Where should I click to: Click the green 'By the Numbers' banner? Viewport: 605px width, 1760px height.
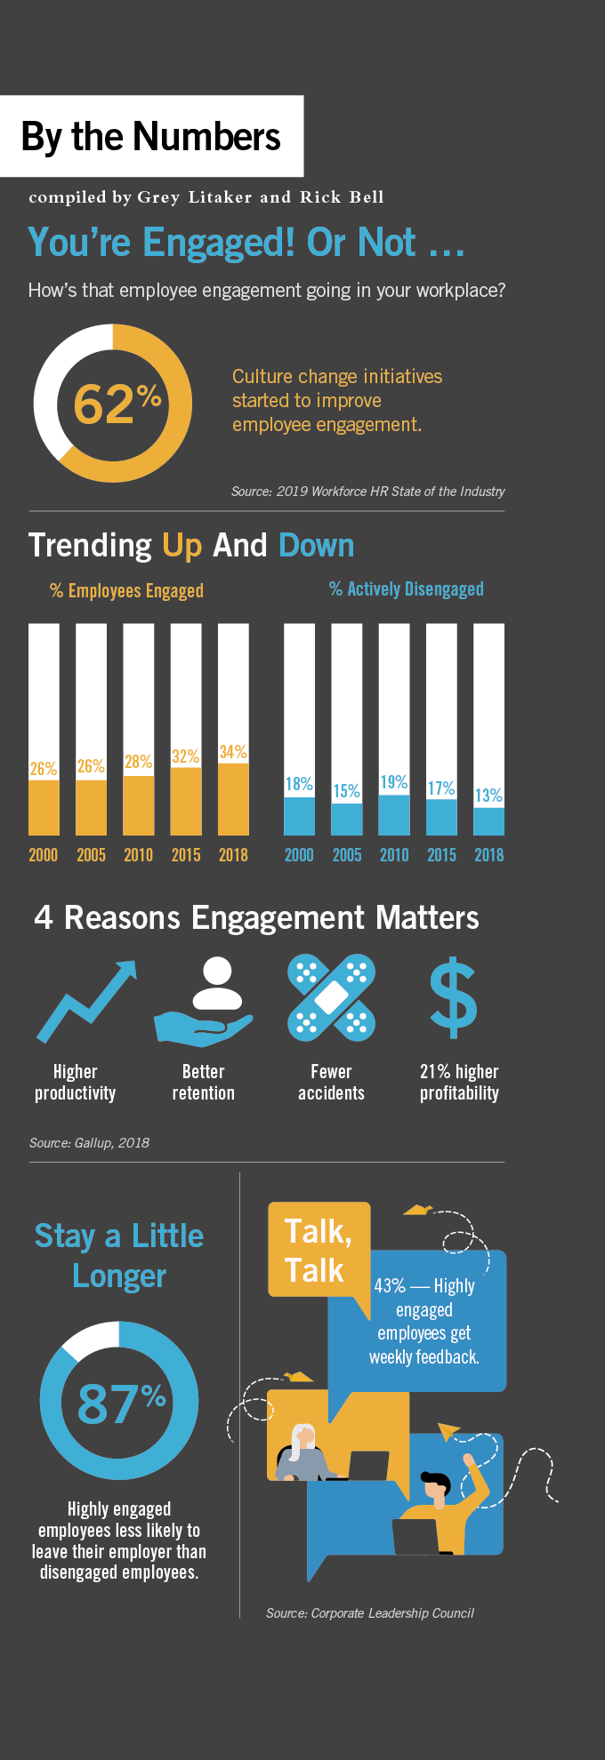click(x=151, y=136)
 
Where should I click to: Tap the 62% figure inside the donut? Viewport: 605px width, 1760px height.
click(x=116, y=404)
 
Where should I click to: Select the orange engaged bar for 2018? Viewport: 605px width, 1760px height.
click(x=233, y=799)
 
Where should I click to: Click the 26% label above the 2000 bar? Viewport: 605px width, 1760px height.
click(x=44, y=768)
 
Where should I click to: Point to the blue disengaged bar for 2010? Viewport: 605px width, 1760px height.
click(x=394, y=814)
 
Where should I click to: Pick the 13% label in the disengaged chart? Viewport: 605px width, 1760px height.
click(x=488, y=795)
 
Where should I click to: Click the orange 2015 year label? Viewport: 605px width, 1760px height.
click(x=186, y=855)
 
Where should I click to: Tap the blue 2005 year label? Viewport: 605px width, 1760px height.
click(x=347, y=855)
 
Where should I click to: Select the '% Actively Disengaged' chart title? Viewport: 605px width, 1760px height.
click(x=407, y=589)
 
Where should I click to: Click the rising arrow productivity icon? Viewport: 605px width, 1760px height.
click(x=87, y=999)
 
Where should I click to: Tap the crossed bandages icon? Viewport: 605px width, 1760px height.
click(x=331, y=997)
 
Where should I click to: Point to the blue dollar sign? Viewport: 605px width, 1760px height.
click(x=454, y=997)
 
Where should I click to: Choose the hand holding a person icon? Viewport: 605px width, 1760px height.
click(x=205, y=1001)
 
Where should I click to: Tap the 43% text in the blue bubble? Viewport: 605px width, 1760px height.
click(x=390, y=1286)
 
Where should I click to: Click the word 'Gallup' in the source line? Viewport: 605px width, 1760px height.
click(x=93, y=1142)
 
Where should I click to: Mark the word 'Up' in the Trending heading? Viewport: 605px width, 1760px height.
click(x=182, y=545)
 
